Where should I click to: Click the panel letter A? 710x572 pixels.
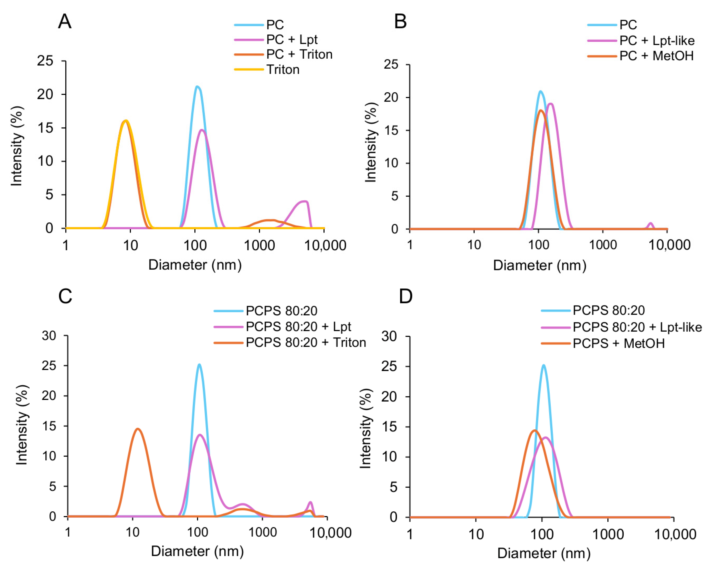pyautogui.click(x=65, y=22)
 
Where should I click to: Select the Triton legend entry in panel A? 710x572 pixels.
pyautogui.click(x=283, y=70)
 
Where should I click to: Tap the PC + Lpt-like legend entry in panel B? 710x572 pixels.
pyautogui.click(x=657, y=41)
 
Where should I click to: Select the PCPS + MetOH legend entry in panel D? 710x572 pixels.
pyautogui.click(x=618, y=344)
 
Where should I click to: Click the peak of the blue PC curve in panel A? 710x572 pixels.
pyautogui.click(x=197, y=87)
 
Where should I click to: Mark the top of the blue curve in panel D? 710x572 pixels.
pyautogui.click(x=543, y=365)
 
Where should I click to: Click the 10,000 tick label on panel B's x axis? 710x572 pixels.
pyautogui.click(x=669, y=245)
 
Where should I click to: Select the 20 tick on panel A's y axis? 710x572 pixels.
pyautogui.click(x=45, y=95)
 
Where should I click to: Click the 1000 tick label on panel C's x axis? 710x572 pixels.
pyautogui.click(x=262, y=532)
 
